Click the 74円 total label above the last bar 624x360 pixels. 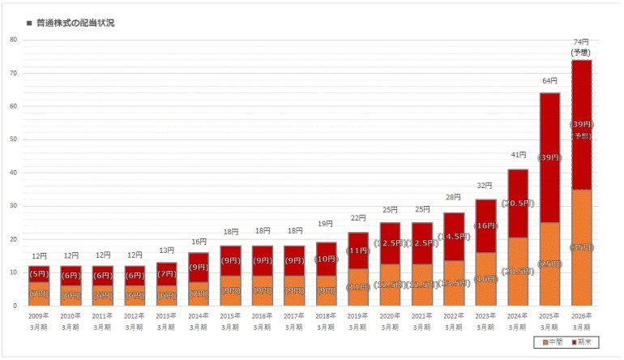click(581, 42)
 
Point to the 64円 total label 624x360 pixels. click(549, 82)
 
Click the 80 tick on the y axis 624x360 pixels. click(14, 39)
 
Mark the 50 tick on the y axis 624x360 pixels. click(14, 139)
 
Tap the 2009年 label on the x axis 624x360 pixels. click(39, 316)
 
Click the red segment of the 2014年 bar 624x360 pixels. click(199, 267)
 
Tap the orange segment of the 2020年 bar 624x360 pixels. click(390, 284)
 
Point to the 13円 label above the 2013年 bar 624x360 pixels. click(166, 251)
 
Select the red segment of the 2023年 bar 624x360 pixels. click(485, 226)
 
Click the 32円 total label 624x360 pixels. click(485, 186)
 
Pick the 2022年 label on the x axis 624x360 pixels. click(454, 316)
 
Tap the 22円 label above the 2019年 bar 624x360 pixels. click(358, 219)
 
